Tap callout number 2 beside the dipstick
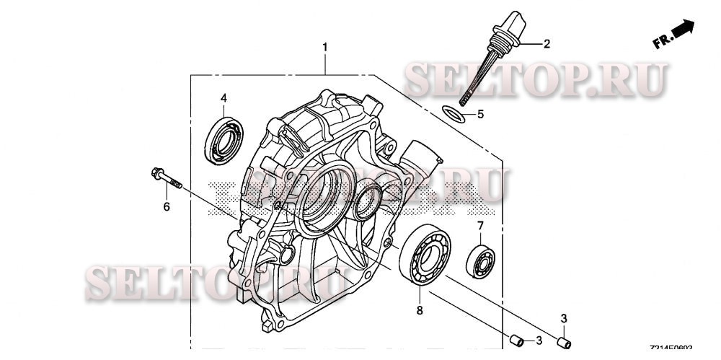547,44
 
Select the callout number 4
224,97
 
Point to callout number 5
480,114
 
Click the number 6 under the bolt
166,207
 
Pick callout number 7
479,227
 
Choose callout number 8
420,310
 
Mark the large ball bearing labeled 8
425,256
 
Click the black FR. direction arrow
683,29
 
